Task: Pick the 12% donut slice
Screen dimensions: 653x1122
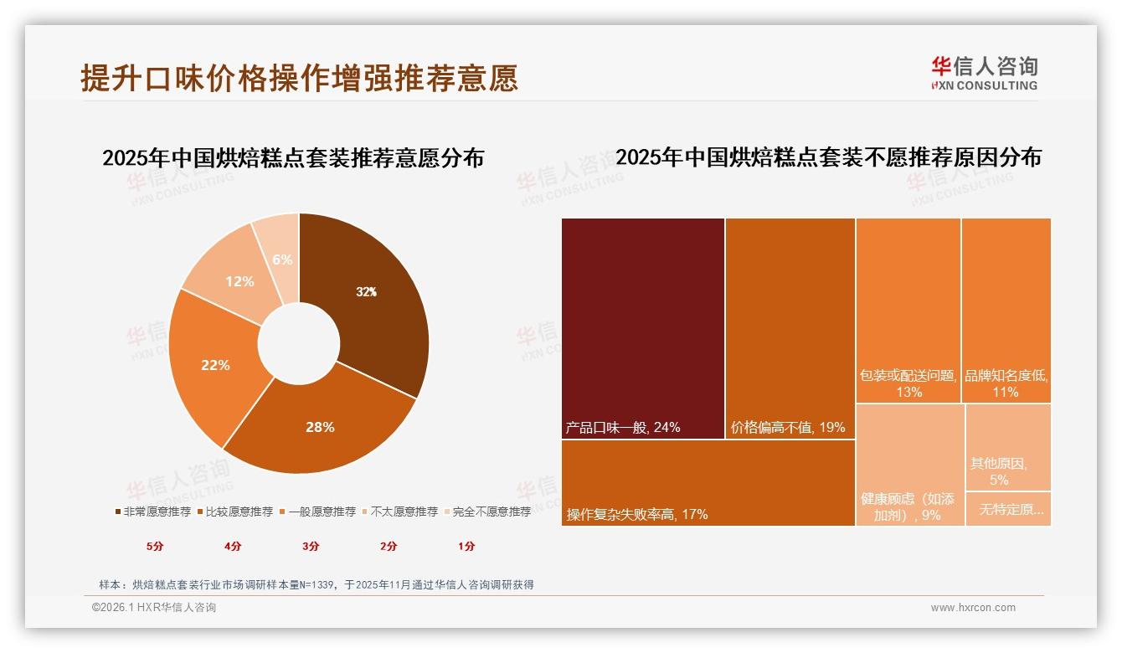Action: [x=239, y=281]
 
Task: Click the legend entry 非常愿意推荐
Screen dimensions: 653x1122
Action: [x=153, y=512]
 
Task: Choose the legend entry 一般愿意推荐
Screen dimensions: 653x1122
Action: [x=317, y=512]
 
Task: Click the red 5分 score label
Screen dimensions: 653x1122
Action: [x=156, y=546]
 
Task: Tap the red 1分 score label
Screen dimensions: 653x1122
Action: [x=466, y=546]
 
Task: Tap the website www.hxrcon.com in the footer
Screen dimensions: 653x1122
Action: [x=973, y=608]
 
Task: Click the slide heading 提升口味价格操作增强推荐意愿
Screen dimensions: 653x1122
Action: [x=299, y=78]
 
